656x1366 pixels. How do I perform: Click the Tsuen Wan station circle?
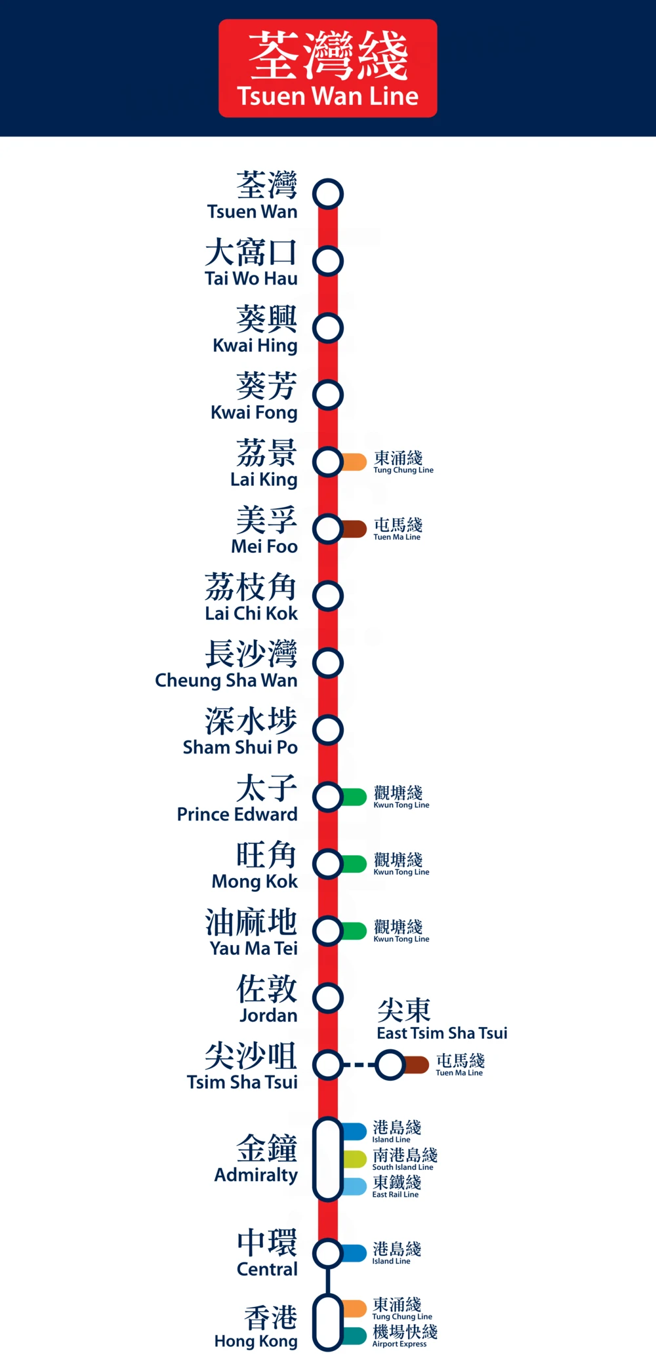[328, 194]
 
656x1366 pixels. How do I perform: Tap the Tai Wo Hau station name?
[251, 262]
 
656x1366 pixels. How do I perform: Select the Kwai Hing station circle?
[328, 328]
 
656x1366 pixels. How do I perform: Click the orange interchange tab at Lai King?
[354, 462]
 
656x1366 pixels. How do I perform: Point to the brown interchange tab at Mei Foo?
[354, 529]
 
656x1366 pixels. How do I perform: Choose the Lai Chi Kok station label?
[251, 597]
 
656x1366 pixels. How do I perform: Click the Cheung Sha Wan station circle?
[328, 663]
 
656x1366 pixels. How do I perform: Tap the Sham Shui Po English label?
[240, 748]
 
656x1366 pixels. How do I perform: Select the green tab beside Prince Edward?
[354, 797]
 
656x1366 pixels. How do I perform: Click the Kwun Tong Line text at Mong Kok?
[401, 872]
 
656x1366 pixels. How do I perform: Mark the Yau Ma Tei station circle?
[328, 931]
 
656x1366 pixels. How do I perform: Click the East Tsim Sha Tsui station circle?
[391, 1064]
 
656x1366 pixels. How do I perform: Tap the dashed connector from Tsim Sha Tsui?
[359, 1064]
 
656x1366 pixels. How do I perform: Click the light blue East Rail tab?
[354, 1186]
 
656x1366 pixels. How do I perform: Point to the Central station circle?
[328, 1253]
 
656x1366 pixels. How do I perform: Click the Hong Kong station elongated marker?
[328, 1322]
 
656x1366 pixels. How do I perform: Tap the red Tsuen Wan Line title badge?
[328, 68]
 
